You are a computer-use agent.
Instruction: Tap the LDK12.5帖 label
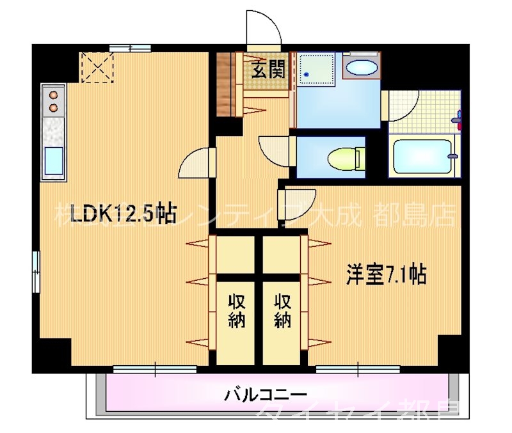click(x=124, y=213)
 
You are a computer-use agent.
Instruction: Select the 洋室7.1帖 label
click(x=386, y=274)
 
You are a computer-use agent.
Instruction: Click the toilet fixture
click(x=345, y=157)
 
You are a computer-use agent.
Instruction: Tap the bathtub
click(x=424, y=156)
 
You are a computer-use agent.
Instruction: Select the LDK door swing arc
click(x=196, y=165)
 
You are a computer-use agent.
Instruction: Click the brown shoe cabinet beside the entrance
click(x=227, y=83)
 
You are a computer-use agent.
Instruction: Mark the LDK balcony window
click(x=154, y=368)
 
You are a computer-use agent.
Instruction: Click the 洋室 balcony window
click(x=358, y=368)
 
